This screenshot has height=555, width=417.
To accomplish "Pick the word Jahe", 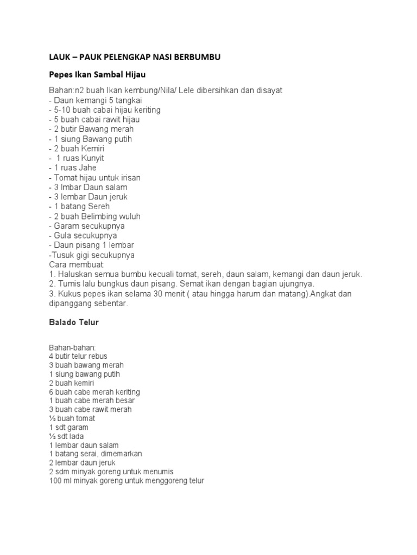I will click(87, 168).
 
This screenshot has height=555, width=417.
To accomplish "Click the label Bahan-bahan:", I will click(72, 347).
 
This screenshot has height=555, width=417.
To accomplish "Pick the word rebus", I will click(98, 356).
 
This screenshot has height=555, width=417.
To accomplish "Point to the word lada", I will click(77, 436).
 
